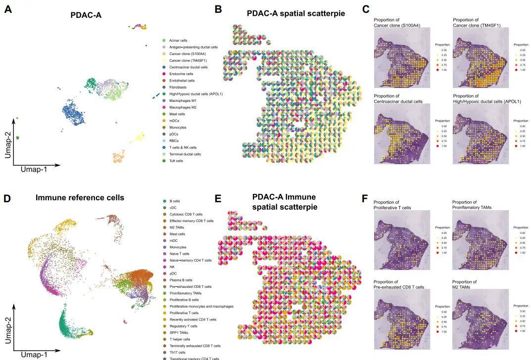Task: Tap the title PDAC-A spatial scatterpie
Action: (296, 13)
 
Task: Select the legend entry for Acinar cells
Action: (178, 41)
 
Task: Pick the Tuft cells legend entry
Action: (176, 161)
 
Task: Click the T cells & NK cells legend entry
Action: (183, 147)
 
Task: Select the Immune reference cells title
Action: (80, 198)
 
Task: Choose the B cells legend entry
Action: (175, 201)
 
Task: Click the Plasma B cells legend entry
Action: (181, 280)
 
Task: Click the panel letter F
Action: (365, 199)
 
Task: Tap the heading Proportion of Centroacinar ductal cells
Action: (398, 99)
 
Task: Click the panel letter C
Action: (366, 9)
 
